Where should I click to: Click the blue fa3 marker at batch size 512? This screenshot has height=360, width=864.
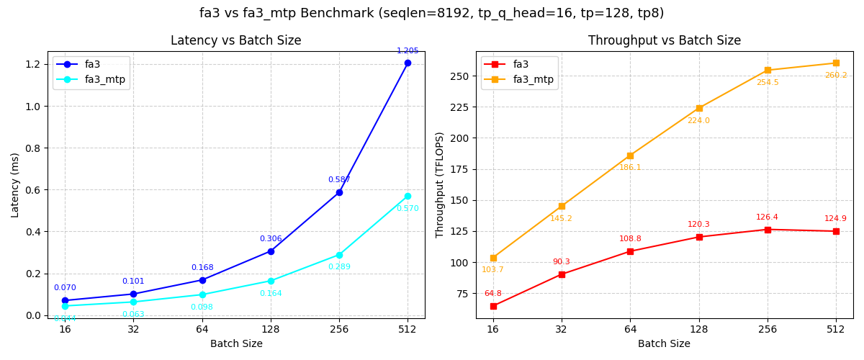(x=408, y=63)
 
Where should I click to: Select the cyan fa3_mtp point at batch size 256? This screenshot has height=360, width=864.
(x=339, y=255)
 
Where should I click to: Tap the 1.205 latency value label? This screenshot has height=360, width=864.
(x=408, y=51)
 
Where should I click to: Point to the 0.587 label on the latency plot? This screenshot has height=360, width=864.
(x=339, y=180)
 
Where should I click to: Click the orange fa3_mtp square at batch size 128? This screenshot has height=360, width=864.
(x=699, y=108)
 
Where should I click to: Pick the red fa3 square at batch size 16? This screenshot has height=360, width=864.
(x=493, y=306)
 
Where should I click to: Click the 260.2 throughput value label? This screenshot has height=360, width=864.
(x=836, y=76)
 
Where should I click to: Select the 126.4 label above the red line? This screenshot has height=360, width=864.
(x=767, y=217)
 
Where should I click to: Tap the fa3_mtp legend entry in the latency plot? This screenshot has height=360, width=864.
(x=104, y=79)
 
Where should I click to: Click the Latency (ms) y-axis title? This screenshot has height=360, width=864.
(x=15, y=185)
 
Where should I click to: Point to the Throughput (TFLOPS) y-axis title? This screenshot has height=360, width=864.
(x=439, y=185)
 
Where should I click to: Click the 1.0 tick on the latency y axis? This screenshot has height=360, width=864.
(x=32, y=106)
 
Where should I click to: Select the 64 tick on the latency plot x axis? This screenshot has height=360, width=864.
(x=202, y=330)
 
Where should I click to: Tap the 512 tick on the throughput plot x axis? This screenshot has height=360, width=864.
(x=836, y=330)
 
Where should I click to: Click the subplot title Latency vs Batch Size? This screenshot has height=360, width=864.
(x=236, y=41)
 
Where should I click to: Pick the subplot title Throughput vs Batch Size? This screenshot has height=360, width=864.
(x=665, y=41)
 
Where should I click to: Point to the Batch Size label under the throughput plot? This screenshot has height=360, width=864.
(x=665, y=344)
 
